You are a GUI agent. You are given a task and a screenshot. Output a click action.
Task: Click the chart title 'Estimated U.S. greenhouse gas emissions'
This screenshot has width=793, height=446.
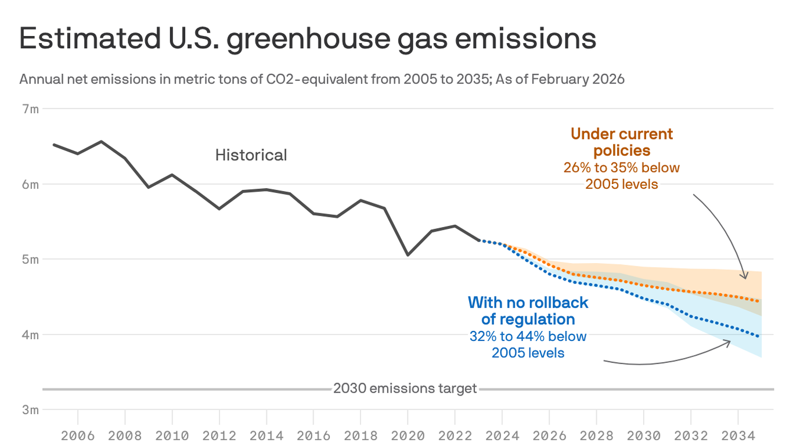pyautogui.click(x=308, y=39)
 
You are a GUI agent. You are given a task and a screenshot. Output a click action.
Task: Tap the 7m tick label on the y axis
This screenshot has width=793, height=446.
pyautogui.click(x=31, y=109)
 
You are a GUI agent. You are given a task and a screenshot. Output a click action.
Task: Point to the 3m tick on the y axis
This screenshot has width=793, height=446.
pyautogui.click(x=31, y=410)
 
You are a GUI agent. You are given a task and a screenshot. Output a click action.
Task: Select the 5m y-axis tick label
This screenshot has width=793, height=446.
pyautogui.click(x=31, y=260)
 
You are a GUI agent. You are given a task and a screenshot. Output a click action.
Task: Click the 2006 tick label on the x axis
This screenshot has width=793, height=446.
pyautogui.click(x=77, y=435)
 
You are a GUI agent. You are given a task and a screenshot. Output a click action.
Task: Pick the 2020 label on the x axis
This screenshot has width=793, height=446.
pyautogui.click(x=408, y=435)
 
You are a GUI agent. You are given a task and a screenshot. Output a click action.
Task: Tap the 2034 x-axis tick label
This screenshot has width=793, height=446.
pyautogui.click(x=737, y=435)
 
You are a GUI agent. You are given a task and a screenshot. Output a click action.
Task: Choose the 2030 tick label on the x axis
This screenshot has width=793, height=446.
pyautogui.click(x=643, y=435)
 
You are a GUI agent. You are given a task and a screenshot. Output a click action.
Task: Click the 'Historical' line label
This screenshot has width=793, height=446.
pyautogui.click(x=251, y=155)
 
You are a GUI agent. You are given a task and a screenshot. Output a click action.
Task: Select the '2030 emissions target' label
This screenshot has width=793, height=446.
pyautogui.click(x=405, y=389)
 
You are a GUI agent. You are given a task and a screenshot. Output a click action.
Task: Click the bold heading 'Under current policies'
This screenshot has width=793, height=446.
pyautogui.click(x=621, y=142)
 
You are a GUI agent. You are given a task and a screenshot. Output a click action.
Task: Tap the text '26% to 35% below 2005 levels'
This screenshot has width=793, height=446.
pyautogui.click(x=621, y=176)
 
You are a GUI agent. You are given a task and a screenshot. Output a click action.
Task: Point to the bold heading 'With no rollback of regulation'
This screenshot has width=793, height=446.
pyautogui.click(x=528, y=311)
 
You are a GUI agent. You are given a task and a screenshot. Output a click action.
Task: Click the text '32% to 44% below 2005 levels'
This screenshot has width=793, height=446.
pyautogui.click(x=528, y=344)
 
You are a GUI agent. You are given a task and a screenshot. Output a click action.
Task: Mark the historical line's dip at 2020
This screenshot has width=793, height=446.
pyautogui.click(x=408, y=255)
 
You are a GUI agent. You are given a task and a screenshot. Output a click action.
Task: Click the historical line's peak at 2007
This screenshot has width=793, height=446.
pyautogui.click(x=101, y=141)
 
